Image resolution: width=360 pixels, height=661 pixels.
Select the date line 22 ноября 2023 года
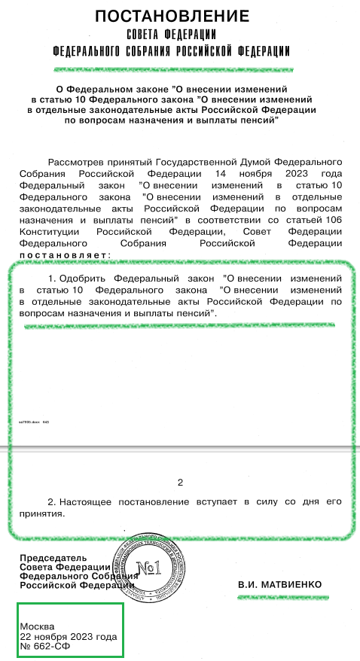(x=69, y=636)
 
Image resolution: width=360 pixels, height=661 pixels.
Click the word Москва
(x=38, y=626)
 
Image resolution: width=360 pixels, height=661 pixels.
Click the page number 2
(x=180, y=483)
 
